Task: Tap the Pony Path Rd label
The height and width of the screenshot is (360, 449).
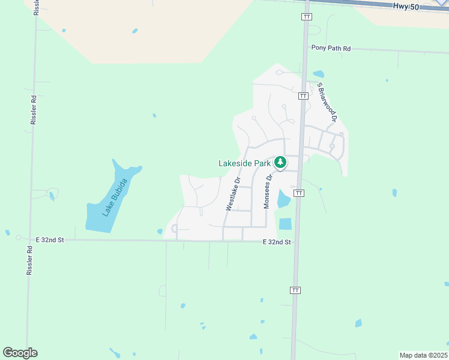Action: [x=331, y=47]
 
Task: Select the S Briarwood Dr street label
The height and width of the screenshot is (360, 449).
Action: [x=327, y=102]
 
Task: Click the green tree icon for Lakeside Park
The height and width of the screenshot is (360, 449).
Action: [x=280, y=162]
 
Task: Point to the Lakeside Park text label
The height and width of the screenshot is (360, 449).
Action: [x=244, y=163]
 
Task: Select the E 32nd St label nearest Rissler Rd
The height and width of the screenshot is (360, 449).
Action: [x=50, y=239]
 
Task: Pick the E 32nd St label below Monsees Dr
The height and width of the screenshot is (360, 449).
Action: [x=276, y=242]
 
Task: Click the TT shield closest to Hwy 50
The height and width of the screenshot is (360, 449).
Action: [x=307, y=17]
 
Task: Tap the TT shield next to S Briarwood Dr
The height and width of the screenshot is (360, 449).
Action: [x=303, y=95]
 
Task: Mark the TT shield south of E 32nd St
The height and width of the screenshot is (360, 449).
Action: [x=295, y=290]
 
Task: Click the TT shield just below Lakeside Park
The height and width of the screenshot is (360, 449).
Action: [x=299, y=193]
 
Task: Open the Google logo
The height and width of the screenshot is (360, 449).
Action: [x=20, y=353]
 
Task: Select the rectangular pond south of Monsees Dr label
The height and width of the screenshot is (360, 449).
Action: [x=285, y=224]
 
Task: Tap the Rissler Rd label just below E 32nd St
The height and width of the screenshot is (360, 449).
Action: [x=29, y=260]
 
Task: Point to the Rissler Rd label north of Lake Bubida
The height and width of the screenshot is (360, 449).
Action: [x=34, y=110]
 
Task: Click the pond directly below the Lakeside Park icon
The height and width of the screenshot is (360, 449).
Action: [x=283, y=199]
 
